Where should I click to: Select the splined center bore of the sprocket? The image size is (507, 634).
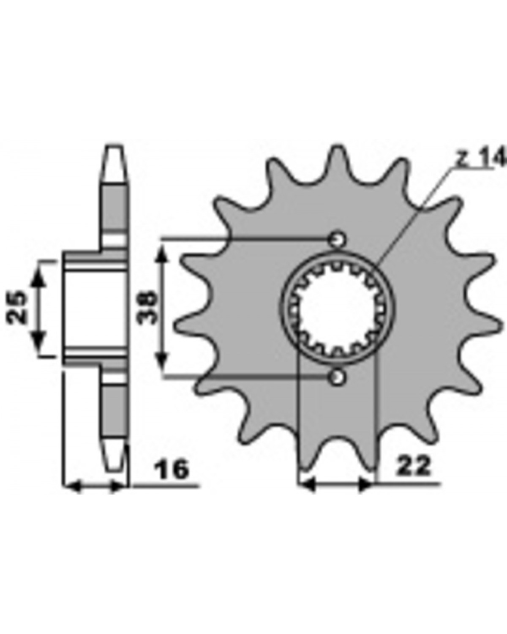tap(338, 308)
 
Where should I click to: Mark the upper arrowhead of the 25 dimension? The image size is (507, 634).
tap(39, 279)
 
